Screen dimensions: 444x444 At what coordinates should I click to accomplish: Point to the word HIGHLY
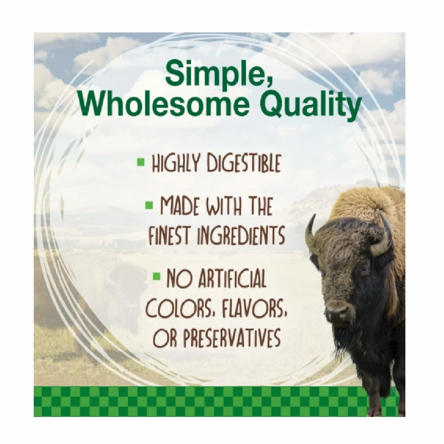point(177,164)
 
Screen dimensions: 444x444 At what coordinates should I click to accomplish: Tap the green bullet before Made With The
point(149,206)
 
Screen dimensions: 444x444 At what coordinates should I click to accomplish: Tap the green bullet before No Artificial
point(156,277)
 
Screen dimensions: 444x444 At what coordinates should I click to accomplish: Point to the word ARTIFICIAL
point(230,279)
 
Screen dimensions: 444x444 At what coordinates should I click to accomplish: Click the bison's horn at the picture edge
point(385,235)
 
